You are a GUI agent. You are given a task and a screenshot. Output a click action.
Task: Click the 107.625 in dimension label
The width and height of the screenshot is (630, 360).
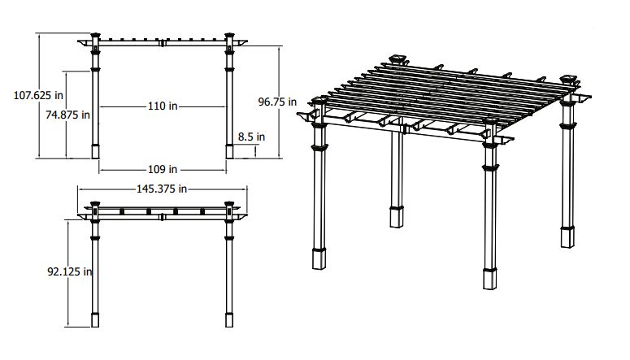pos(38,96)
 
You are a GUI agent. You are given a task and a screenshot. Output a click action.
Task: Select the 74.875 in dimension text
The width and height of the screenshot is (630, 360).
pos(67,115)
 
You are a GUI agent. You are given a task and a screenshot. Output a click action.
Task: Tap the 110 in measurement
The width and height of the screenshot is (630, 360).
pos(163,106)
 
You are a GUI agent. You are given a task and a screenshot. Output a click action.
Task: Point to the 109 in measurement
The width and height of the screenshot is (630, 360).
pos(163,170)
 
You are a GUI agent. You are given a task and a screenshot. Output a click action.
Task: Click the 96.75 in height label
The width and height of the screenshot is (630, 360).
pos(277,102)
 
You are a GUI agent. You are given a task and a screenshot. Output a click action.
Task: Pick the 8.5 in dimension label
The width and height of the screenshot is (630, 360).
pos(251,137)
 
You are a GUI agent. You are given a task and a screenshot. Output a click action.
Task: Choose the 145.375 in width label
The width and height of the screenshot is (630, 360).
pos(162,189)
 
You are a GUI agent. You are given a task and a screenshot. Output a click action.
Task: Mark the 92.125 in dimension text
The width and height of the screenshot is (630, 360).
pos(70,272)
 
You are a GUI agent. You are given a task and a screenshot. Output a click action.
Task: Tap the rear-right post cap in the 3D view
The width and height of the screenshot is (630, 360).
pos(568,78)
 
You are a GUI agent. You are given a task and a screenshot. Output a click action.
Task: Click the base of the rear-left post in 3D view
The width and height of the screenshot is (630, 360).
pos(397,217)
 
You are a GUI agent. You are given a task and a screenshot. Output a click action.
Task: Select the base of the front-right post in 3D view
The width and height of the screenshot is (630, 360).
pos(490,279)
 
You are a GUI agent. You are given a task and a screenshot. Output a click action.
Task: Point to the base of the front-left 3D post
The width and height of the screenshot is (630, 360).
pos(319,258)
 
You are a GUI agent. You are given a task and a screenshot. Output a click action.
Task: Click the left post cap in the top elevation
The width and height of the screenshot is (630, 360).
pos(95,35)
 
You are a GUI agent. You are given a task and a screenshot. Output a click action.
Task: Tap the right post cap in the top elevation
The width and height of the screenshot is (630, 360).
pos(229,35)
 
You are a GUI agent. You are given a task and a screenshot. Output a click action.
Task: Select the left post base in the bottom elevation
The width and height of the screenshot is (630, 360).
pos(95,320)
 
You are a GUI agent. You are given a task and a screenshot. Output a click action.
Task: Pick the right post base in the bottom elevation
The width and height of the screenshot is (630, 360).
pos(229,320)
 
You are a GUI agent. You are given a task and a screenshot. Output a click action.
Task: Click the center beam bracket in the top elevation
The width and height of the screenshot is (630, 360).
pos(163,42)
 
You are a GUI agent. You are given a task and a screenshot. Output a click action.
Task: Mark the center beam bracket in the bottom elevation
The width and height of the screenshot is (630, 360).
pos(163,217)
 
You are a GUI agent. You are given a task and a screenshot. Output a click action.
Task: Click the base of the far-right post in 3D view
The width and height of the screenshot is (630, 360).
pos(567,237)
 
